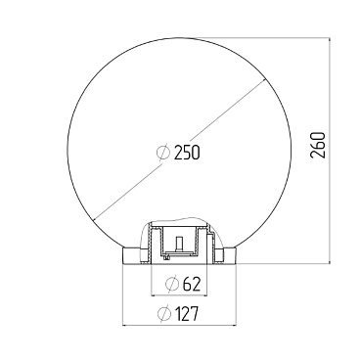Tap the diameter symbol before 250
pos(164,153)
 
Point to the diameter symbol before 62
pos(170,285)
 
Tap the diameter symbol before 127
pos(163,314)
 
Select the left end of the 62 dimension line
pos(151,295)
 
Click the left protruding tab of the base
pos(127,255)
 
